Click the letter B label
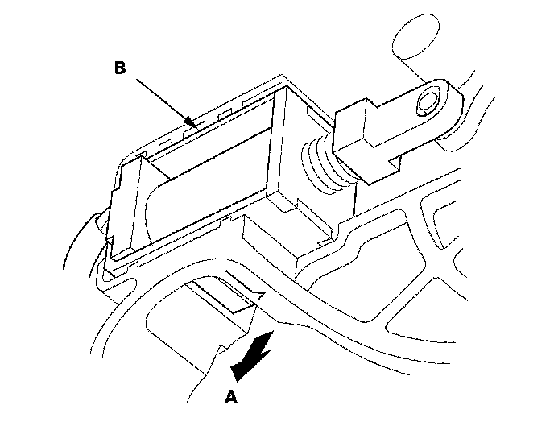(119, 68)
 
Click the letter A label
(232, 395)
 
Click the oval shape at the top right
(419, 36)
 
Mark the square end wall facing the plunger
(286, 149)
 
